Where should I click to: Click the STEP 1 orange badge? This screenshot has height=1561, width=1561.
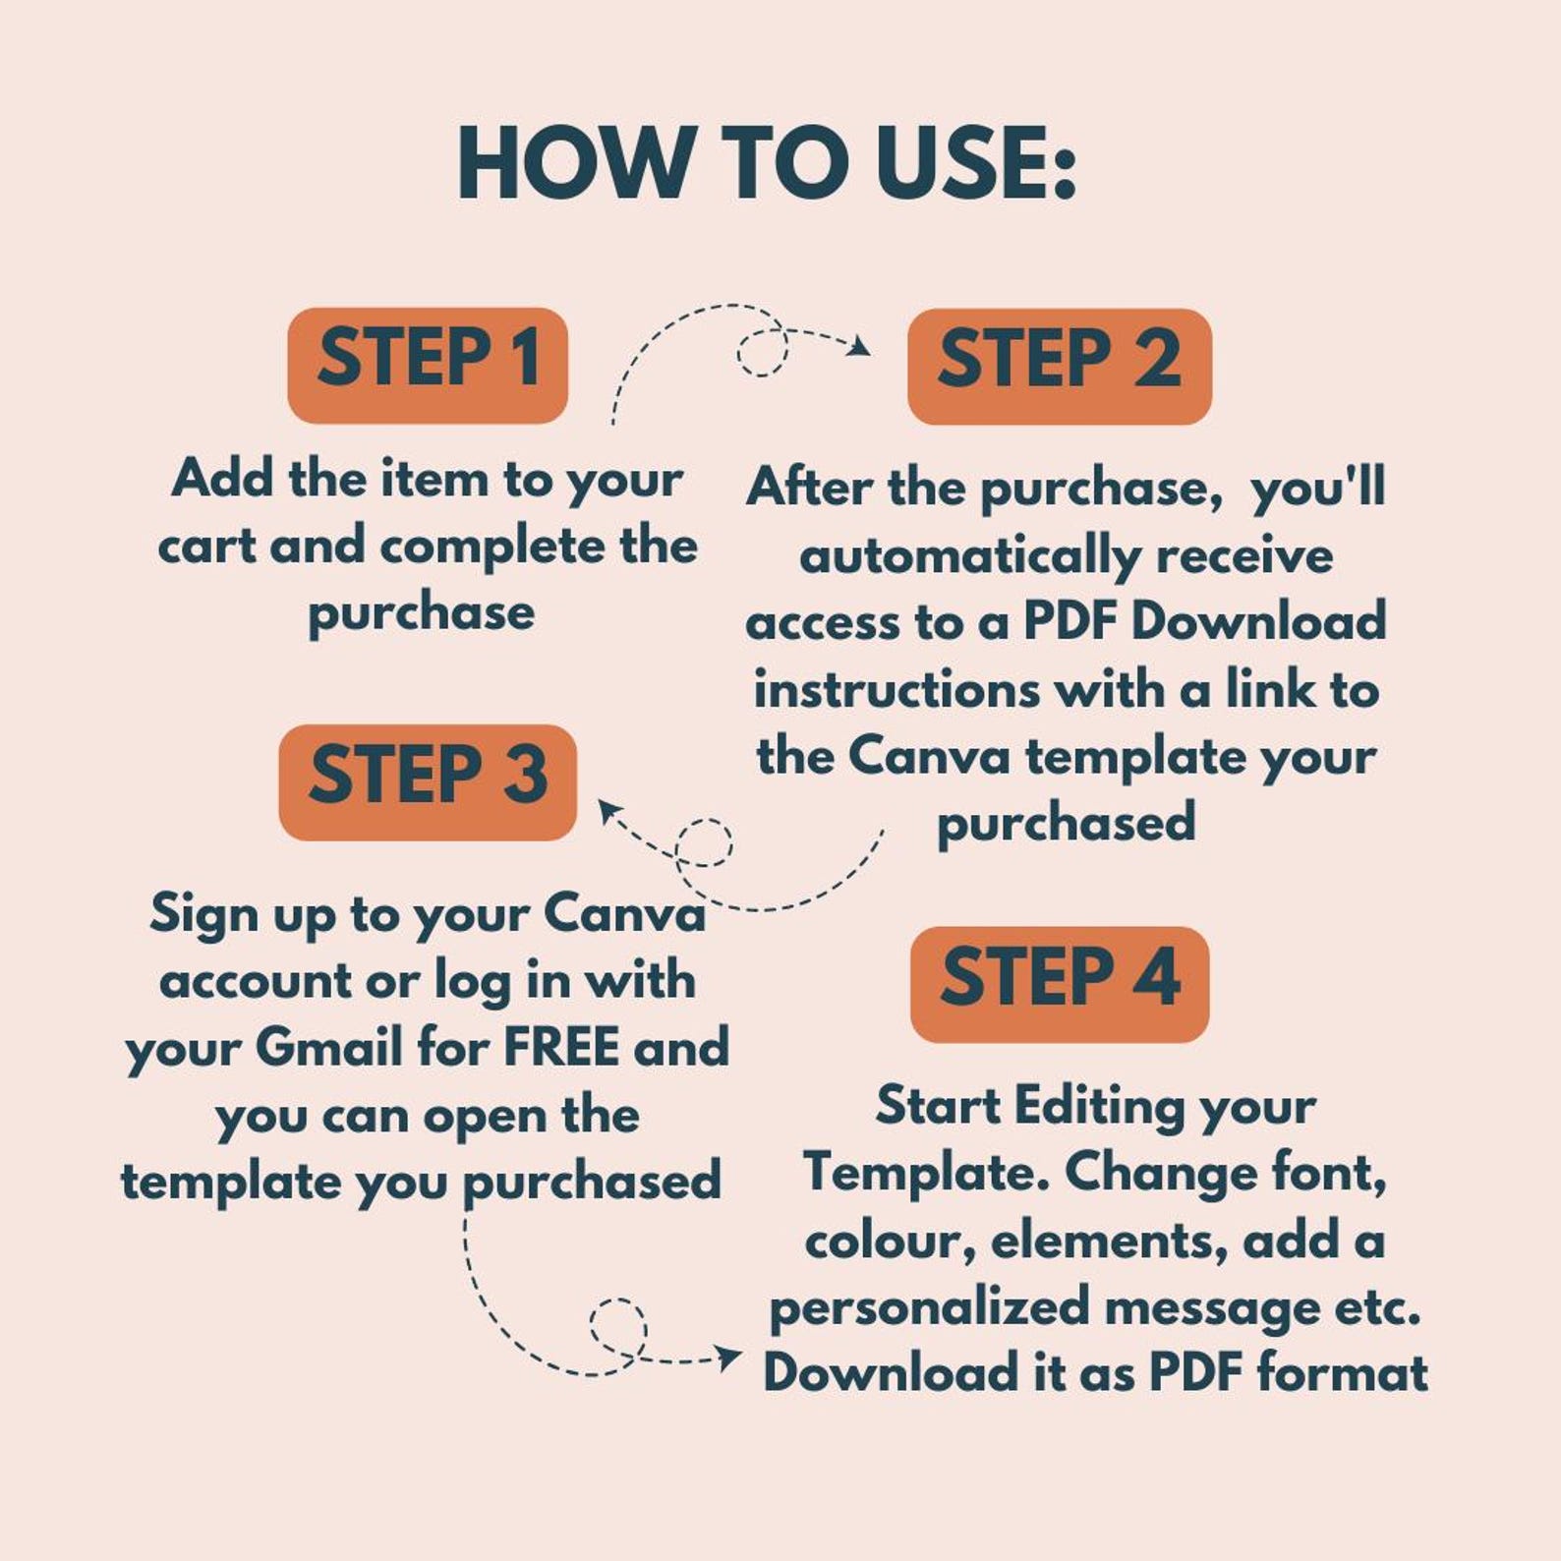(428, 366)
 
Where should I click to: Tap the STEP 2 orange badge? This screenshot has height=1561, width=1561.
(1059, 367)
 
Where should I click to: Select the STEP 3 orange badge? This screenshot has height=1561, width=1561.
(428, 782)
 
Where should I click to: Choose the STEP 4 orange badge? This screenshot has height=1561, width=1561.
(1060, 984)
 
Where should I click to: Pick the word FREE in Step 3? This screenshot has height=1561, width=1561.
(561, 1047)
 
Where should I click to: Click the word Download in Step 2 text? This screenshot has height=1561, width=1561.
(1258, 622)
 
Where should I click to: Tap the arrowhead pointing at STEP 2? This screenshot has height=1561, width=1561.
(860, 346)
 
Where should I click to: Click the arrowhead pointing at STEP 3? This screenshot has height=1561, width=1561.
(609, 811)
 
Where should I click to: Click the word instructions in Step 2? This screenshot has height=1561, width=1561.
(896, 689)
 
